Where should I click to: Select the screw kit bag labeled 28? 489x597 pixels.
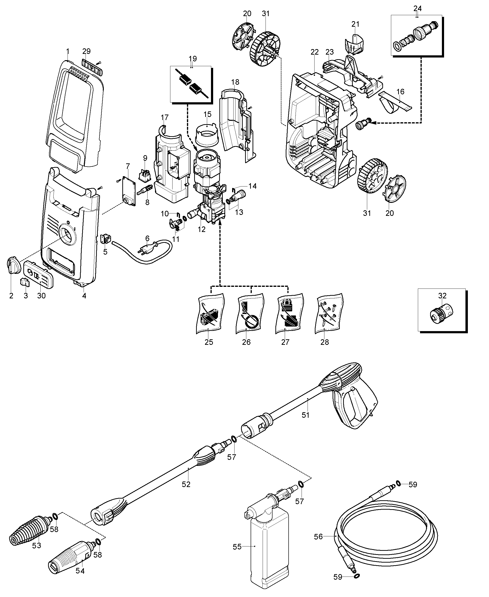[x=329, y=313]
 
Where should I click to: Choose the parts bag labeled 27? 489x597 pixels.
[x=289, y=313]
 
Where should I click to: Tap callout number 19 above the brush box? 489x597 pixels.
[x=193, y=59]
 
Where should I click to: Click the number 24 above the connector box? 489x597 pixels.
[x=417, y=9]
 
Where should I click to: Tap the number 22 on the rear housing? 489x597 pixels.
[x=315, y=52]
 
